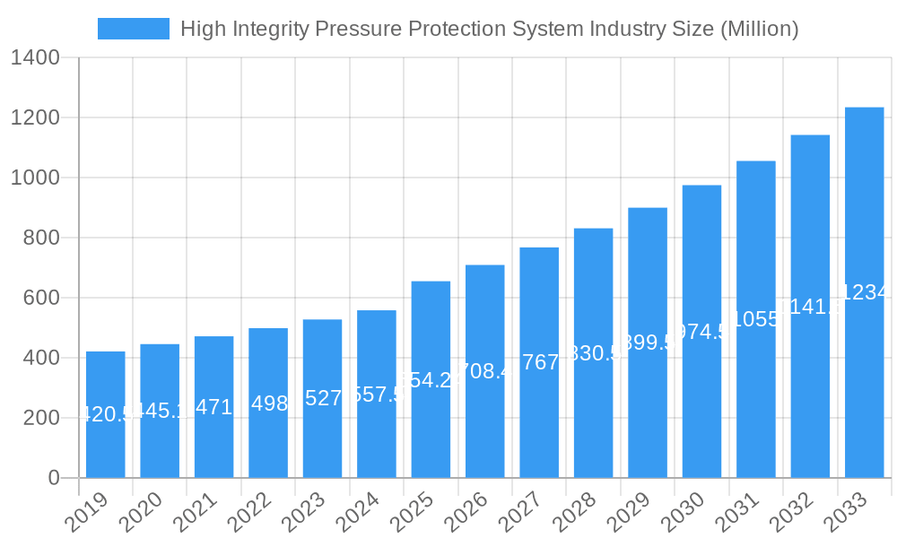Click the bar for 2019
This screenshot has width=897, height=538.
[106, 414]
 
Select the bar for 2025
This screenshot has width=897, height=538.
[431, 379]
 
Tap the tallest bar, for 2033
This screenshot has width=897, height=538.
[864, 292]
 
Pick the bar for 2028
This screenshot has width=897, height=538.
[593, 352]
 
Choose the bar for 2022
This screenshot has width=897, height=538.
[268, 403]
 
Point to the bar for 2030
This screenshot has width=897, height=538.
[701, 331]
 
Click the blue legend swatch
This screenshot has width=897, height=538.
[133, 29]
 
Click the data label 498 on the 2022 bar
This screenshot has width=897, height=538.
[269, 403]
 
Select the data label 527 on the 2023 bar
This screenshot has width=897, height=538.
[323, 398]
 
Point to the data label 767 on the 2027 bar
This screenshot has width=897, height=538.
[540, 362]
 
